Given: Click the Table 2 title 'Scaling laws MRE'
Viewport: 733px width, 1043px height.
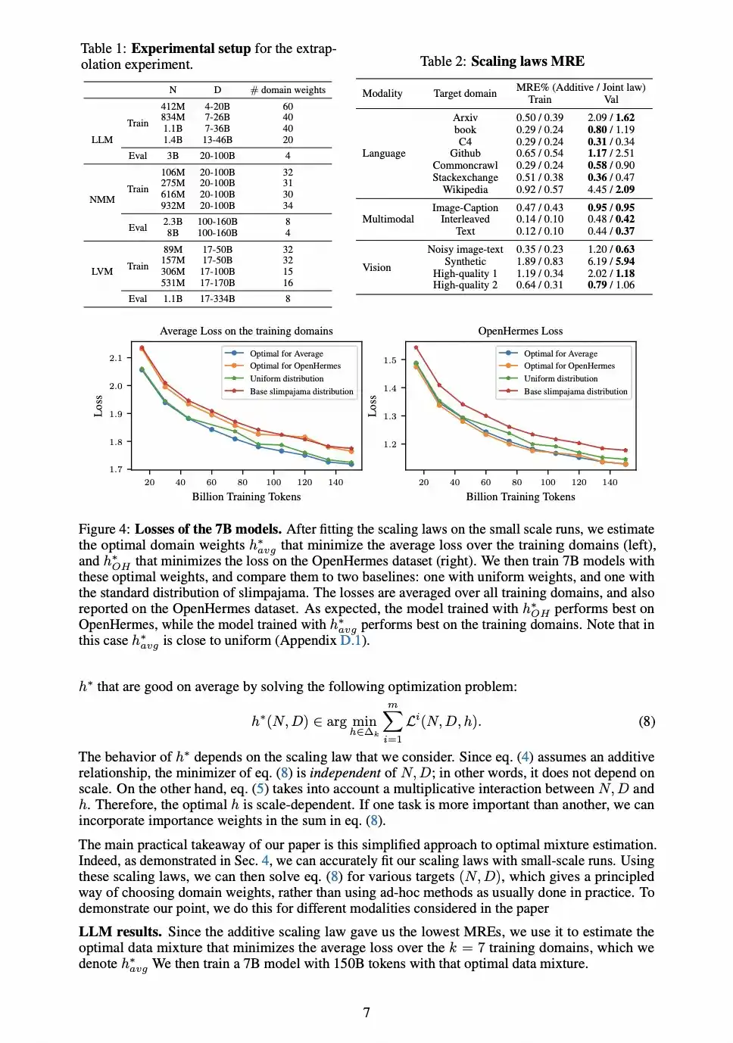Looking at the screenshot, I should tap(527, 61).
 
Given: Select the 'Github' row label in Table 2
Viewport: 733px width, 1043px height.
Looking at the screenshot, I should tap(465, 153).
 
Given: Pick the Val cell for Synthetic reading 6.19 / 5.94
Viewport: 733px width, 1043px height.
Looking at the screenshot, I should tap(610, 261).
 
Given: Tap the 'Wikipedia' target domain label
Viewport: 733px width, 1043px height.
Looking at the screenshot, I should tap(465, 189).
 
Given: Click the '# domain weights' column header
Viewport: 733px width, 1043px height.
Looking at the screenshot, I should tap(288, 90).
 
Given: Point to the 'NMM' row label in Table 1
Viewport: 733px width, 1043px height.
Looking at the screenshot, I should tap(102, 200).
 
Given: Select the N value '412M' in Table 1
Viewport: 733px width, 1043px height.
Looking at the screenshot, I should tap(173, 107).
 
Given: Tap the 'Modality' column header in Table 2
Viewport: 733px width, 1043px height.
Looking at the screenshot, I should tap(382, 93).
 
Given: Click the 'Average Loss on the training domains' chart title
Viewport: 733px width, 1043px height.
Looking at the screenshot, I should tap(246, 331).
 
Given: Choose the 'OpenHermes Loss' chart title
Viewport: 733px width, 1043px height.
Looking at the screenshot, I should tap(520, 331).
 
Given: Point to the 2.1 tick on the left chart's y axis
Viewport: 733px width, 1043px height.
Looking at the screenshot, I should tap(115, 358).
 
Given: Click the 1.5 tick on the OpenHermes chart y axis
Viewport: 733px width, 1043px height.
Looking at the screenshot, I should tap(389, 360).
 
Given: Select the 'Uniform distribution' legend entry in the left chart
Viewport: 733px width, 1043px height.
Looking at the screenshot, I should tap(286, 378).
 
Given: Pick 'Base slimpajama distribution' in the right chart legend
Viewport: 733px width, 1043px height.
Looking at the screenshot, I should tap(575, 391).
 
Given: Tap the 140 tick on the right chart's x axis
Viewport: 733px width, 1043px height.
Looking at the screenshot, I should tap(610, 482).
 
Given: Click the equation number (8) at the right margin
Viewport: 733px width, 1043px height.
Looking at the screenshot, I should tap(646, 721).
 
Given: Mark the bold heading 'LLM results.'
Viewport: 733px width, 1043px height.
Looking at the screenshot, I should tap(120, 932).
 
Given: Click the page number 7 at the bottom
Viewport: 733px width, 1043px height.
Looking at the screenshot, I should tap(366, 1013).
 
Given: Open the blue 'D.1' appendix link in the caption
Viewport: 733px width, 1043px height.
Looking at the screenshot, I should tap(350, 640).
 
